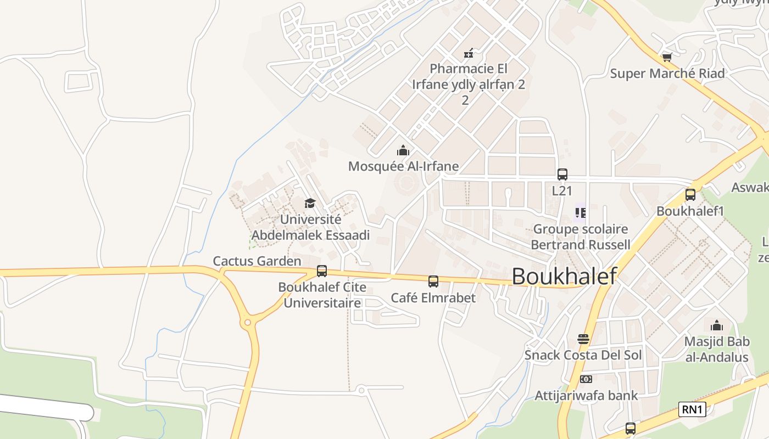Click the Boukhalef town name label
[x=564, y=276]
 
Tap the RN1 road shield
[x=692, y=409]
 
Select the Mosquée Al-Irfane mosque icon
[x=403, y=150]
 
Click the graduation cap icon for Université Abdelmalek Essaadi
[x=310, y=204]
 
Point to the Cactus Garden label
[x=257, y=261]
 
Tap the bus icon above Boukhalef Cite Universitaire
[x=322, y=271]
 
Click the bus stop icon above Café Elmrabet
[x=433, y=282]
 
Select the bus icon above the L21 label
[x=562, y=175]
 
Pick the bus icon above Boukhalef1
[x=690, y=194]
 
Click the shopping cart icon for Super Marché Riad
[x=667, y=57]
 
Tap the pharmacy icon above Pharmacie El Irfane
[x=469, y=53]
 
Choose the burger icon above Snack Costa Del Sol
[x=583, y=339]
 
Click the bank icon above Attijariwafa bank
[x=586, y=379]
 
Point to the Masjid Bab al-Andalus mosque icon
[x=717, y=325]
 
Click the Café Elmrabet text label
[x=433, y=298]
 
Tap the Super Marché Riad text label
[x=667, y=74]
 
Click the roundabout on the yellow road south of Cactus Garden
[x=247, y=322]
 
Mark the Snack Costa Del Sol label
[x=583, y=355]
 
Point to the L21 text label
[x=562, y=191]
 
